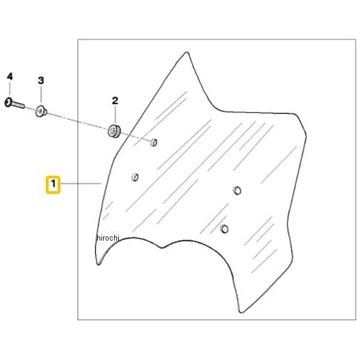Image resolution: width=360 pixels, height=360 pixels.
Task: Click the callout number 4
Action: (x=10, y=76)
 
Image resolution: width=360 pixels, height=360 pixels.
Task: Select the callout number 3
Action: (x=41, y=80)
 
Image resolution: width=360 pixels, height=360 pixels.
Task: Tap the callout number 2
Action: (x=115, y=101)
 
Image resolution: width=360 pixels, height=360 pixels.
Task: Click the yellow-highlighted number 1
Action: (x=53, y=184)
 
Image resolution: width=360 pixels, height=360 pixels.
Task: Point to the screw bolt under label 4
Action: (x=14, y=103)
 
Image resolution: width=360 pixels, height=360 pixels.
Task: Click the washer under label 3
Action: (x=41, y=112)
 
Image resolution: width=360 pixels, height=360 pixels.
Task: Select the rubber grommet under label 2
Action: (x=114, y=131)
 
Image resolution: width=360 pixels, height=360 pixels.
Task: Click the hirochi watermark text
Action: (x=108, y=238)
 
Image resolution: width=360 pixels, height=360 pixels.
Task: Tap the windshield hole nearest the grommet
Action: (x=154, y=143)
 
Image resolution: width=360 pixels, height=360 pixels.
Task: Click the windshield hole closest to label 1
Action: (x=135, y=177)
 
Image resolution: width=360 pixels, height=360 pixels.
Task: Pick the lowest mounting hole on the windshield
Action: (x=224, y=229)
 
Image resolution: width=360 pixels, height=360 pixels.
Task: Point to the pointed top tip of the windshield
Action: (x=187, y=52)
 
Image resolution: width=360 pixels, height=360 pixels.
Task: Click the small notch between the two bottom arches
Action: (x=162, y=247)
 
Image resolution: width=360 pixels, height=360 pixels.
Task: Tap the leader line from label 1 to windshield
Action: (x=81, y=184)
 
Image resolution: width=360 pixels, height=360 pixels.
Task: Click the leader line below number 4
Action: (x=10, y=89)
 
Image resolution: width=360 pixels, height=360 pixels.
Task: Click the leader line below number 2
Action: (x=115, y=115)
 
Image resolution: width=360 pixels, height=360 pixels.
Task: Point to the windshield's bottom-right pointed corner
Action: (x=241, y=312)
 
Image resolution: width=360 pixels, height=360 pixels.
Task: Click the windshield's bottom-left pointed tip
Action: (x=98, y=264)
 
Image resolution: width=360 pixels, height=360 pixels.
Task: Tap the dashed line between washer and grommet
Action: (x=77, y=121)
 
